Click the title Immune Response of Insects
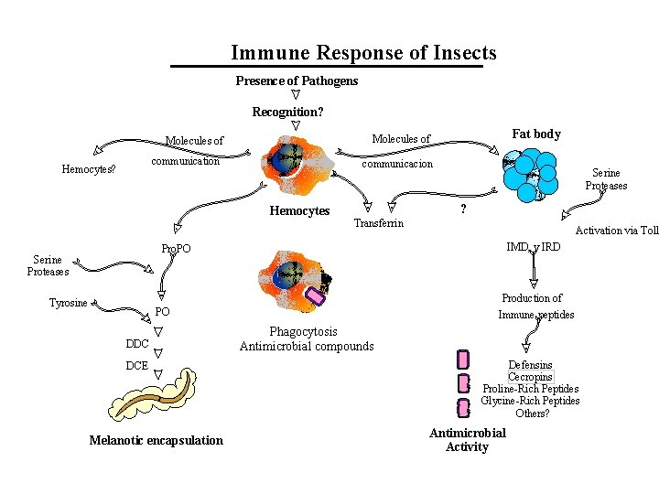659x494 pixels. [x=363, y=53]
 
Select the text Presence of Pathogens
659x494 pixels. [x=297, y=81]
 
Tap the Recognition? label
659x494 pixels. [x=287, y=113]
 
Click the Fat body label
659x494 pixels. [x=535, y=134]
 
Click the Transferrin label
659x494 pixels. [x=378, y=223]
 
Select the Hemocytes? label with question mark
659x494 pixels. [x=88, y=169]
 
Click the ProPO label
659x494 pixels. [x=175, y=249]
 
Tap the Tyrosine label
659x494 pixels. [x=69, y=303]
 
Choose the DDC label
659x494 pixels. [x=137, y=343]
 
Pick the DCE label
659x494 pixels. [x=136, y=365]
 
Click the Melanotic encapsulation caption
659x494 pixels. [x=156, y=440]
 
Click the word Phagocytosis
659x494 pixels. [x=303, y=332]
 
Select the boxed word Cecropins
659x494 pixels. [x=530, y=377]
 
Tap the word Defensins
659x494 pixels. [x=530, y=365]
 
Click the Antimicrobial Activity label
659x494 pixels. [x=467, y=440]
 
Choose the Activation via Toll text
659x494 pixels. [x=616, y=231]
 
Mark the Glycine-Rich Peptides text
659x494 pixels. [x=530, y=401]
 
